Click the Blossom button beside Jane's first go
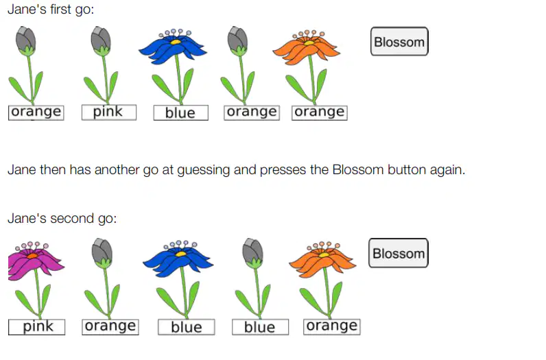pyautogui.click(x=399, y=41)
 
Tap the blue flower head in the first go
pyautogui.click(x=173, y=47)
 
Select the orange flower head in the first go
pyautogui.click(x=307, y=48)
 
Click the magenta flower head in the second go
pyautogui.click(x=36, y=261)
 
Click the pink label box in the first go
pyautogui.click(x=109, y=112)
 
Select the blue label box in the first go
pyautogui.click(x=181, y=113)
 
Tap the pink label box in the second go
pyautogui.click(x=36, y=327)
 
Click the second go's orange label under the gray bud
pyautogui.click(x=110, y=327)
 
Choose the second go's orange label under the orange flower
pyautogui.click(x=332, y=327)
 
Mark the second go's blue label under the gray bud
pyautogui.click(x=261, y=327)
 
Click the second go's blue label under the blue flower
pyautogui.click(x=187, y=327)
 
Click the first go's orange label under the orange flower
pyautogui.click(x=320, y=112)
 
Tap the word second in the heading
pyautogui.click(x=72, y=218)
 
